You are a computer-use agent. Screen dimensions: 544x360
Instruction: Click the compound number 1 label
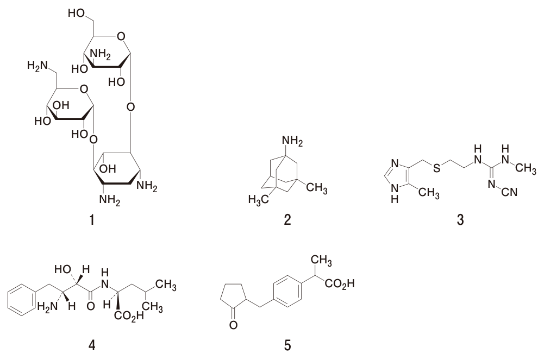click(x=92, y=219)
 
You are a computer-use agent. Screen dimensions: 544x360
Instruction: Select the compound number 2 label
click(x=287, y=219)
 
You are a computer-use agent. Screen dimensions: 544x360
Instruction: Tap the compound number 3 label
click(x=460, y=219)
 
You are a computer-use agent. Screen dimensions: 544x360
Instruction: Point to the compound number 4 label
click(x=92, y=345)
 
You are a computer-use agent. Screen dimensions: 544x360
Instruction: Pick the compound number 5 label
click(x=287, y=345)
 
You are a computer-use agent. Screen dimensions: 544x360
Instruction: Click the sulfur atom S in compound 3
click(x=437, y=168)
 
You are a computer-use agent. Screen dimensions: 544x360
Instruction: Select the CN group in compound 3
click(x=509, y=192)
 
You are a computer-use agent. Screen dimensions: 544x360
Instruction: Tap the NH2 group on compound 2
click(x=292, y=141)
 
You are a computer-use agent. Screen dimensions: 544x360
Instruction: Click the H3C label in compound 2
click(x=259, y=200)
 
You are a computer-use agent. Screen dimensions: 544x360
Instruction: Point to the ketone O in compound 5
click(x=233, y=325)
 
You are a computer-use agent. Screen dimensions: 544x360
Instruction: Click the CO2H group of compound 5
click(x=340, y=284)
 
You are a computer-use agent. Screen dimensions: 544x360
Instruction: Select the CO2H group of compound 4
click(x=128, y=316)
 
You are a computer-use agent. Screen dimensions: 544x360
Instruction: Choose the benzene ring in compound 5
click(x=287, y=290)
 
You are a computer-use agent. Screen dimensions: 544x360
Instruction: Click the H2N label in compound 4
click(x=47, y=306)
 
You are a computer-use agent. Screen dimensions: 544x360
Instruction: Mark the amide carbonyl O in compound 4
click(x=91, y=306)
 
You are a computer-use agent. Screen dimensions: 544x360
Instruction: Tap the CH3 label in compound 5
click(x=321, y=260)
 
